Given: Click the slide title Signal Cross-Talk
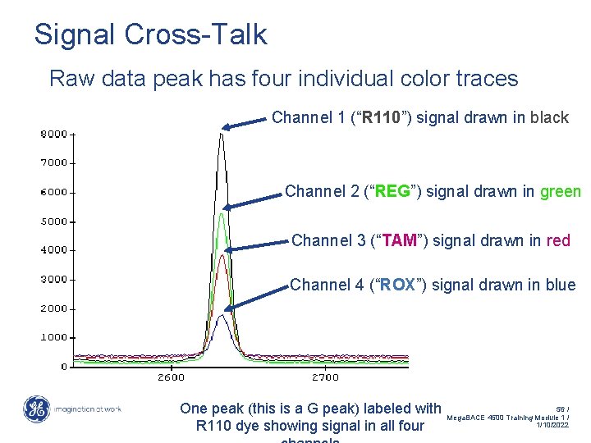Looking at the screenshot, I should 150,34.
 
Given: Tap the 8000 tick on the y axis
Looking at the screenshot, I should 55,133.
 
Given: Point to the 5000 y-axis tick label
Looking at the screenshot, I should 55,221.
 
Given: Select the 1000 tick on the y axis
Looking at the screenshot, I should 55,337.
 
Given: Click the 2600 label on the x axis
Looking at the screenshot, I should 171,377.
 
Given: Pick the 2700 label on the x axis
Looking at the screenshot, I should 325,377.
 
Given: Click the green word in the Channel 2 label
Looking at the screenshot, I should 560,192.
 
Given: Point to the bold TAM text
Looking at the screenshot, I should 399,240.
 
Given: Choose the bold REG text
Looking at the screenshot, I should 392,192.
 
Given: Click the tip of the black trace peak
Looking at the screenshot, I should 221,133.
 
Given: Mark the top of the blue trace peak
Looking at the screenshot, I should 221,315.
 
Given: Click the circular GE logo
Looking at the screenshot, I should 36,409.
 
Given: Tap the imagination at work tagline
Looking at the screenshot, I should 88,409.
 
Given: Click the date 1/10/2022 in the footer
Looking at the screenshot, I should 551,425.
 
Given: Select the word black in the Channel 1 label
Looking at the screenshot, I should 549,117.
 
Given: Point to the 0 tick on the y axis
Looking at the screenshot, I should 64,366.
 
